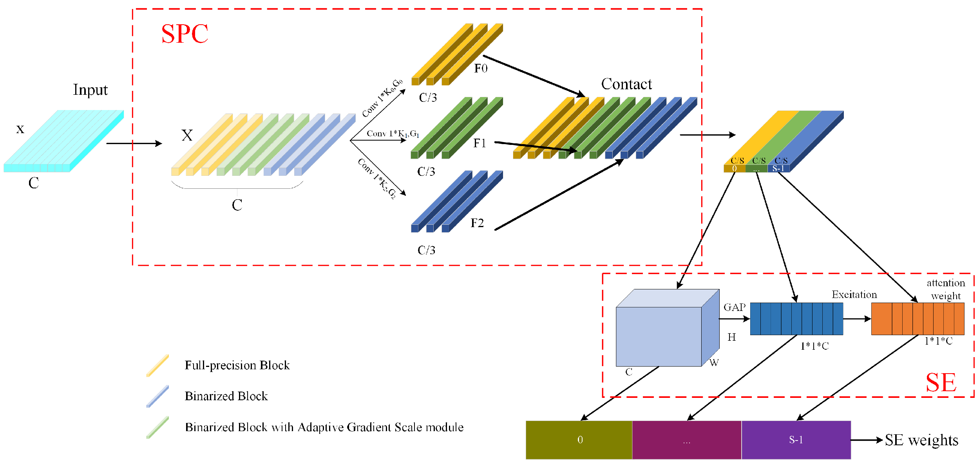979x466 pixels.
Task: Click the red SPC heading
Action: pyautogui.click(x=185, y=34)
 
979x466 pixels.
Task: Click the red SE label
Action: pyautogui.click(x=941, y=382)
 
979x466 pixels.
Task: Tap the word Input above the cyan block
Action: pyautogui.click(x=90, y=90)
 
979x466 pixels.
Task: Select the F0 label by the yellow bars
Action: pyautogui.click(x=481, y=69)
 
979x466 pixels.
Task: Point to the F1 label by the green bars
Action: pyautogui.click(x=480, y=143)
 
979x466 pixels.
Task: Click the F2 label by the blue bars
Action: pyautogui.click(x=477, y=223)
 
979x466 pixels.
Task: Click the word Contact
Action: pyautogui.click(x=626, y=84)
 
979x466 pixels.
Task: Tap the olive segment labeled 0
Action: pyautogui.click(x=579, y=440)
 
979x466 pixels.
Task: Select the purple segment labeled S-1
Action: pyautogui.click(x=796, y=440)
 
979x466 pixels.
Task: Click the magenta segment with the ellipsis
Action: pyautogui.click(x=686, y=440)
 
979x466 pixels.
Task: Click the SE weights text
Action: pyautogui.click(x=921, y=440)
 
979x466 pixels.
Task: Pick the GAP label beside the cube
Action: pyautogui.click(x=734, y=307)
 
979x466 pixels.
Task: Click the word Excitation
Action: pyautogui.click(x=854, y=294)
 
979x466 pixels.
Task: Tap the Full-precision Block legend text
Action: pyautogui.click(x=237, y=365)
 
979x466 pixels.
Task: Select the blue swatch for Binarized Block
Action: pyautogui.click(x=157, y=396)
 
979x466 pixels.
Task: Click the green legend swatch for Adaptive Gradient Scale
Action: pyautogui.click(x=157, y=427)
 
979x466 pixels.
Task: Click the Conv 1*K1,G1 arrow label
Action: pyautogui.click(x=393, y=134)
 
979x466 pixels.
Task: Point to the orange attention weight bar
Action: pyautogui.click(x=917, y=319)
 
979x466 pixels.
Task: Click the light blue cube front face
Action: pyautogui.click(x=658, y=337)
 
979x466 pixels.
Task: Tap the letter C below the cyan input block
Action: pyautogui.click(x=34, y=183)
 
